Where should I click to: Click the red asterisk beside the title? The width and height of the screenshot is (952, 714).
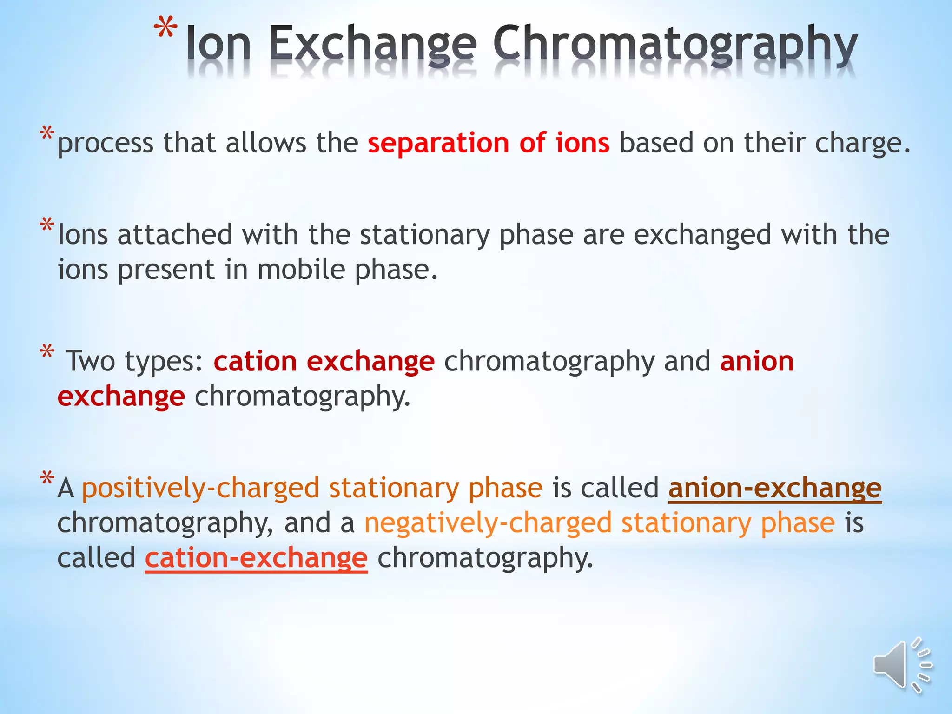pyautogui.click(x=165, y=29)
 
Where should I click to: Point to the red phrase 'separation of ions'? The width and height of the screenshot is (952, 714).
pyautogui.click(x=489, y=143)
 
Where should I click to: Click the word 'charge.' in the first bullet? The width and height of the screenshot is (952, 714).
pyautogui.click(x=863, y=143)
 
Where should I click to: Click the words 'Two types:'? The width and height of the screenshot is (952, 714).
pyautogui.click(x=135, y=362)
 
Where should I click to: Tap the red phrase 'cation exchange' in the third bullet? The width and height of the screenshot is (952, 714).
pyautogui.click(x=324, y=362)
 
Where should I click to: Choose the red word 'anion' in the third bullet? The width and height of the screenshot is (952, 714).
pyautogui.click(x=757, y=362)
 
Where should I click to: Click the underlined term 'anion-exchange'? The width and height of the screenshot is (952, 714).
pyautogui.click(x=775, y=488)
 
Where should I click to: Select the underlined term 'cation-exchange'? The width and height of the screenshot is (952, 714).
pyautogui.click(x=256, y=558)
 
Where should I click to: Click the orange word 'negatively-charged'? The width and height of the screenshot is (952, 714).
pyautogui.click(x=488, y=523)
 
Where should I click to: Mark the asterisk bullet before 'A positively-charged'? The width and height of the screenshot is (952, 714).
pyautogui.click(x=47, y=479)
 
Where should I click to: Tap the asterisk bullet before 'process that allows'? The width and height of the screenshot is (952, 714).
pyautogui.click(x=47, y=134)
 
